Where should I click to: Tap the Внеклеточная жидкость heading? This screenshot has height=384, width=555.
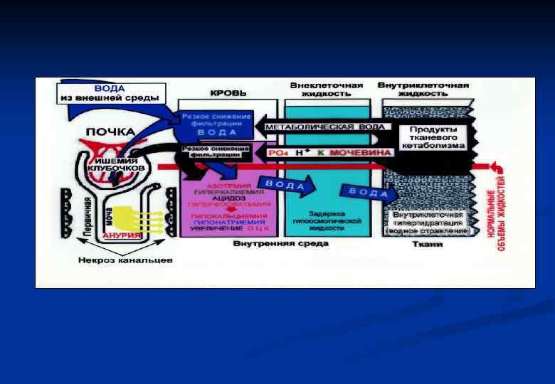pyautogui.click(x=327, y=89)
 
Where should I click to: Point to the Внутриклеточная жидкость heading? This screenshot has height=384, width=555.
pyautogui.click(x=423, y=89)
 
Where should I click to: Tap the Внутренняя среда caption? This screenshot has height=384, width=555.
pyautogui.click(x=280, y=244)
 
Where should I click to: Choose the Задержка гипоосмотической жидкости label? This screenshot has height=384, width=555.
pyautogui.click(x=327, y=220)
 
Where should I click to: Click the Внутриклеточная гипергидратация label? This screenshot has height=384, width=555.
pyautogui.click(x=427, y=222)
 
